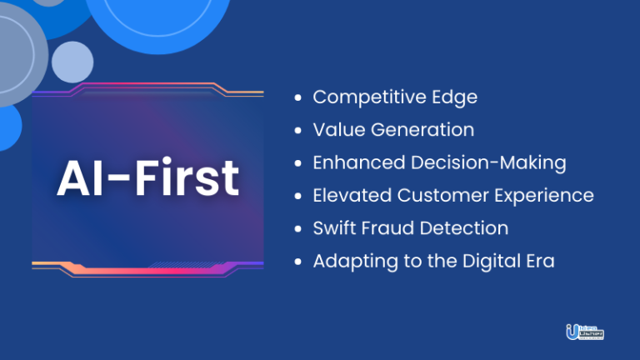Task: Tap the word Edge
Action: (x=457, y=97)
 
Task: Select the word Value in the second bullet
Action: (x=335, y=130)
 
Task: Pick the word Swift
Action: (x=332, y=228)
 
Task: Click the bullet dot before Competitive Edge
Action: (x=298, y=98)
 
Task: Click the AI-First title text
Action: (x=148, y=178)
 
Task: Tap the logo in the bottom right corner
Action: (x=583, y=332)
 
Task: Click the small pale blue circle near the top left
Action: (x=72, y=61)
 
